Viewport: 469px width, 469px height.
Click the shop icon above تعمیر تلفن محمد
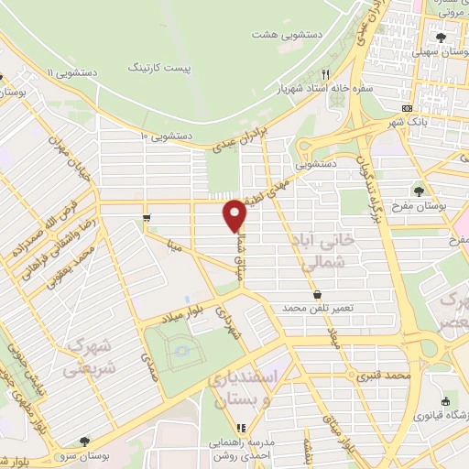(x=317, y=294)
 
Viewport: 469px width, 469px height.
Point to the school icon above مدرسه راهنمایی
(x=242, y=427)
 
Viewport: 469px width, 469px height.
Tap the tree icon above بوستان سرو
(x=84, y=442)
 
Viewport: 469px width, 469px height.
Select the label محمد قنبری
(x=382, y=376)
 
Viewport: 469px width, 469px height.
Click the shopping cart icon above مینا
(x=147, y=217)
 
